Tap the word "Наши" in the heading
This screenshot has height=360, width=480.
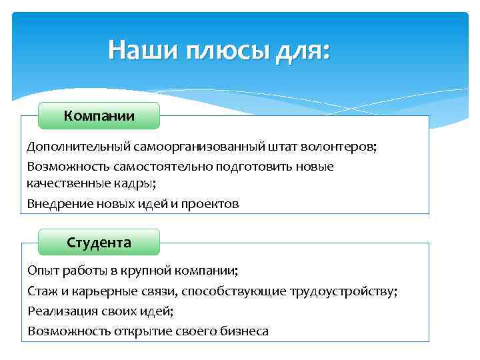pos(140,49)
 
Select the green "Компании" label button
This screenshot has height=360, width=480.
pos(99,116)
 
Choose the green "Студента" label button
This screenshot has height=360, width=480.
pos(99,242)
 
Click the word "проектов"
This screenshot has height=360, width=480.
pos(209,203)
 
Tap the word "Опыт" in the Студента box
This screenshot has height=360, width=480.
pos(41,271)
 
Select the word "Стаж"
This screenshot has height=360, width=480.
pos(41,291)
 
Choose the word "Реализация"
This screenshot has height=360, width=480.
pos(59,311)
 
